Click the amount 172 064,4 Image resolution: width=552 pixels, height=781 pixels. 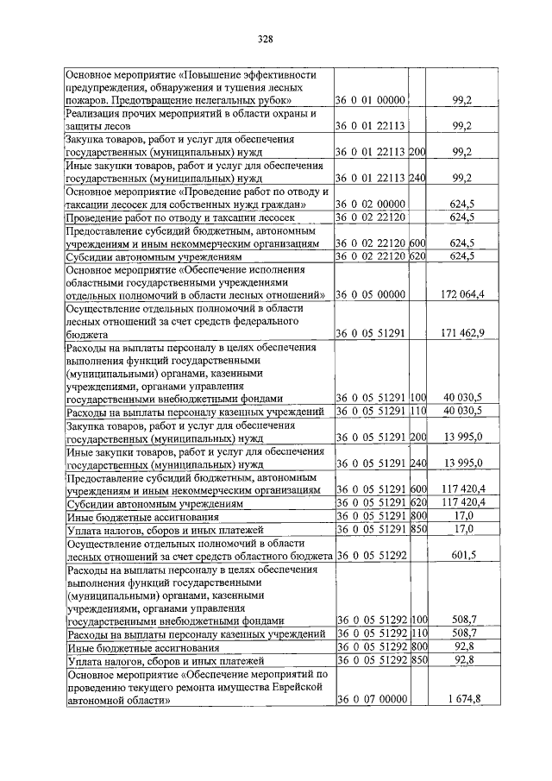pyautogui.click(x=462, y=294)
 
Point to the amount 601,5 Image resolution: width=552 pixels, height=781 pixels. pyautogui.click(x=465, y=556)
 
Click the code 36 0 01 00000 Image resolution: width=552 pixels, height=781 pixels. pyautogui.click(x=371, y=101)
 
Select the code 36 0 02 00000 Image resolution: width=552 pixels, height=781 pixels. pyautogui.click(x=371, y=203)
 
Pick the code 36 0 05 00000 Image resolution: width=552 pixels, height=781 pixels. pyautogui.click(x=371, y=294)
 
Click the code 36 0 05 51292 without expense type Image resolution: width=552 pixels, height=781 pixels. pyautogui.click(x=371, y=556)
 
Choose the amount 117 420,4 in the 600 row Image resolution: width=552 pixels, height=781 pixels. pyautogui.click(x=462, y=489)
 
